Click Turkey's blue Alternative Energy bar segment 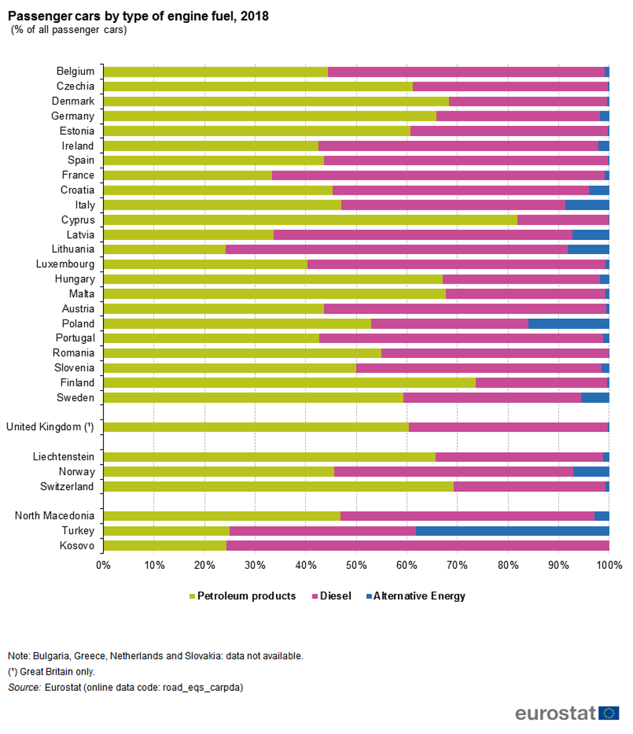click(x=512, y=530)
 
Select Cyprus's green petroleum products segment click(x=310, y=220)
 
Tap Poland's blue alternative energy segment click(x=568, y=324)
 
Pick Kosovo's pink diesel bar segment click(x=418, y=545)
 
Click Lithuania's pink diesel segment click(x=396, y=249)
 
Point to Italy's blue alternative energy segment click(x=587, y=205)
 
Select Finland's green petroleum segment click(x=290, y=383)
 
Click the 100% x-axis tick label click(x=608, y=565)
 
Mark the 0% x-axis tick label click(x=103, y=565)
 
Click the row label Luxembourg click(x=65, y=264)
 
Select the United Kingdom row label click(x=51, y=427)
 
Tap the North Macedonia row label click(x=55, y=516)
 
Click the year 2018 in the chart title click(x=255, y=16)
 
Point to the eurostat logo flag click(x=609, y=713)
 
